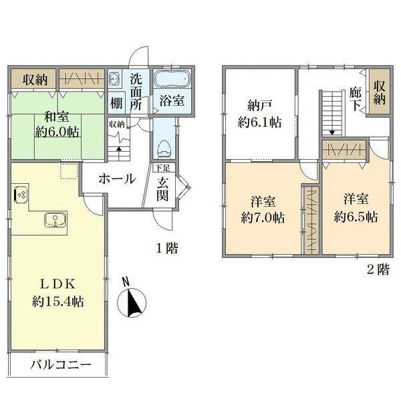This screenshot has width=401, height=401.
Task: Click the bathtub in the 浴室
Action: pyautogui.click(x=173, y=81)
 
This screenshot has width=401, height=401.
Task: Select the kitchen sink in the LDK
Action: pyautogui.click(x=53, y=220)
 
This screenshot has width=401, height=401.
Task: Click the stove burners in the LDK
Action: pyautogui.click(x=20, y=195)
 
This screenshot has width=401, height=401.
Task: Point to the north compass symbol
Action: pyautogui.click(x=131, y=302)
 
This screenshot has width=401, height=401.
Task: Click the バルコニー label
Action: pyautogui.click(x=59, y=366)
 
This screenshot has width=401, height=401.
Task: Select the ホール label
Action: pyautogui.click(x=118, y=179)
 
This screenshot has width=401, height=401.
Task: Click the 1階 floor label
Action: pyautogui.click(x=167, y=249)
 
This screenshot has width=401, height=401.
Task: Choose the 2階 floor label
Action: pyautogui.click(x=378, y=270)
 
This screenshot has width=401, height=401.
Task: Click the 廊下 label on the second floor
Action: pyautogui.click(x=355, y=100)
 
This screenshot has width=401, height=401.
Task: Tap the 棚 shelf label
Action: pyautogui.click(x=116, y=104)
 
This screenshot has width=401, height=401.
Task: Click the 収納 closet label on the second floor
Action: pyautogui.click(x=379, y=92)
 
